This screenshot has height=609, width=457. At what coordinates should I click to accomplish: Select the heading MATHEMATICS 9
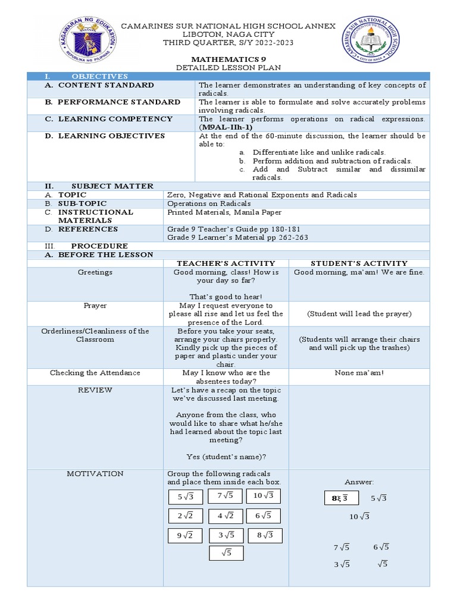tap(228, 59)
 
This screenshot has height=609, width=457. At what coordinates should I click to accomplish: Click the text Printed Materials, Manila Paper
tap(224, 212)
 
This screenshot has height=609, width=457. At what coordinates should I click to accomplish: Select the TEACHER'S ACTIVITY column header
tap(226, 263)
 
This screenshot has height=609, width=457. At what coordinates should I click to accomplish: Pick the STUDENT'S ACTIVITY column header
tap(359, 263)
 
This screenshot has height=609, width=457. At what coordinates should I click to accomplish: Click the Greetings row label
tap(95, 272)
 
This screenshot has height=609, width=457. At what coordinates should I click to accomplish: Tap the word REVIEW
tap(95, 390)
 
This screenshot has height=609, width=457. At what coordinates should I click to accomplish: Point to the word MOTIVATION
tap(95, 473)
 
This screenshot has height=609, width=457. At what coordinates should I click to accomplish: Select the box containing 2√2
tap(186, 516)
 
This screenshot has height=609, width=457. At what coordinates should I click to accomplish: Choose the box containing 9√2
tap(186, 535)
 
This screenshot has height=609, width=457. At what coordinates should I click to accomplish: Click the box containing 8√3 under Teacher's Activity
tap(263, 535)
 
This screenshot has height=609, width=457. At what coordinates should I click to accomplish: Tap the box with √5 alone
tap(226, 553)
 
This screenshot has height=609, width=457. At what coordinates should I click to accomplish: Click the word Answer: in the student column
tap(359, 482)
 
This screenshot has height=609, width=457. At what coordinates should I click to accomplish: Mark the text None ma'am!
tap(359, 373)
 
